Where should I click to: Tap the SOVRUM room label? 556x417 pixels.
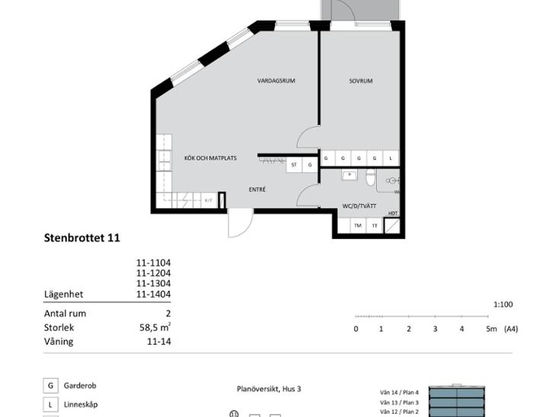click(361, 81)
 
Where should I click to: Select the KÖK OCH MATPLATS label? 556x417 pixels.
click(210, 158)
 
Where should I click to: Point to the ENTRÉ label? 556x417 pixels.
click(257, 189)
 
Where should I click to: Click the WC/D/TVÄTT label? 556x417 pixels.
click(359, 206)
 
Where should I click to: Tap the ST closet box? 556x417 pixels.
click(294, 164)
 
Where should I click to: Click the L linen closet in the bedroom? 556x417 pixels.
click(391, 158)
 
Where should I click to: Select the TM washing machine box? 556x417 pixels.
click(358, 226)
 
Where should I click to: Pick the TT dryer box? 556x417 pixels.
click(375, 226)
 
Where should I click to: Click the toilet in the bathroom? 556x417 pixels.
click(371, 177)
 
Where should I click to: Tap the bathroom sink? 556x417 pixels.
click(350, 175)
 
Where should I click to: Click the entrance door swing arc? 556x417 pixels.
click(244, 228)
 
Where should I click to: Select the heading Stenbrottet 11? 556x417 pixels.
click(82, 237)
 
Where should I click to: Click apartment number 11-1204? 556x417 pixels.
click(154, 273)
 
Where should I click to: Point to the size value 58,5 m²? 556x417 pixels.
click(155, 327)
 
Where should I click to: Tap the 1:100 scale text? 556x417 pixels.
click(503, 304)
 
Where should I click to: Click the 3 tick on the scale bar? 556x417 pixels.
click(435, 316)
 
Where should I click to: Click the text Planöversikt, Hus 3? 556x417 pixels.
click(269, 389)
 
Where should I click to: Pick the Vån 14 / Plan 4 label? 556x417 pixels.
click(399, 393)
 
